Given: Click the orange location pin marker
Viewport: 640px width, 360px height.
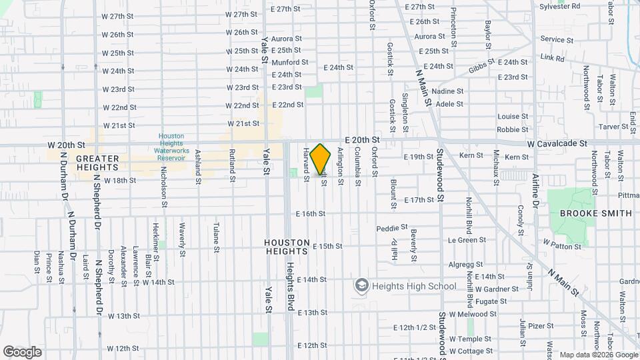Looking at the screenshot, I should [x=321, y=160].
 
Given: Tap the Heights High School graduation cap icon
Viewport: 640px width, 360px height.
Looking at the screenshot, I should [x=361, y=286].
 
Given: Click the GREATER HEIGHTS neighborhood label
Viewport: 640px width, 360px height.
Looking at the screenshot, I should [x=97, y=163].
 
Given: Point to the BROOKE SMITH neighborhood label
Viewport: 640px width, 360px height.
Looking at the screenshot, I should [x=595, y=213].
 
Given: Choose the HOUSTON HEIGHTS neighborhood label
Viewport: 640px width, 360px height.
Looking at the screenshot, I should [x=287, y=247].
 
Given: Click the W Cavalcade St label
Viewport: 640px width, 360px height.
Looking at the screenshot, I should [x=556, y=143].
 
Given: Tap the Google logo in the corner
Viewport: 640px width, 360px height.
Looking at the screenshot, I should [x=23, y=351].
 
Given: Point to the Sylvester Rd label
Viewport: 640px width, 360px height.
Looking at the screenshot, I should [x=560, y=5].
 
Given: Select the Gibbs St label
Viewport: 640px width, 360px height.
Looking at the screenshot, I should [x=481, y=65].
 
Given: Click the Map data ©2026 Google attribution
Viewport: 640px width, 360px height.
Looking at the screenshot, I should [x=598, y=355].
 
